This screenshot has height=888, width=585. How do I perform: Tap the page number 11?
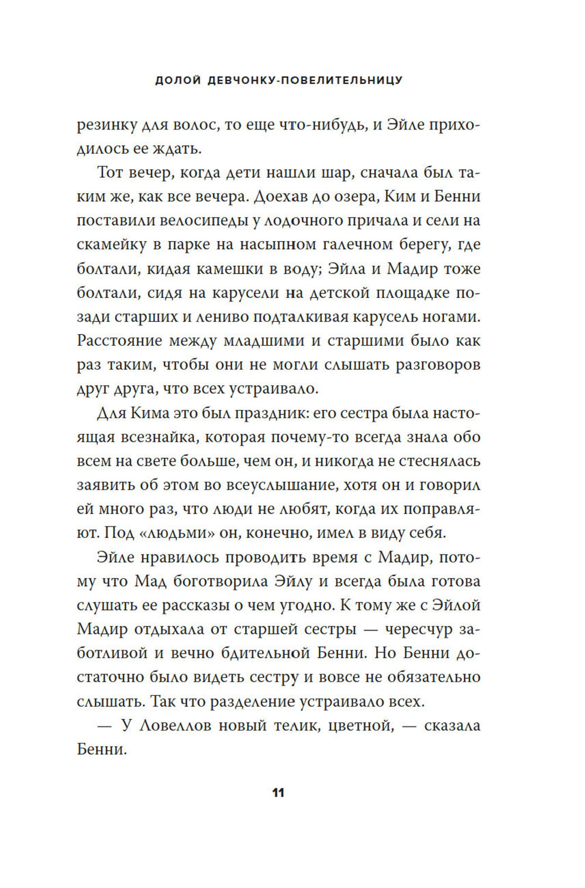coord(278,793)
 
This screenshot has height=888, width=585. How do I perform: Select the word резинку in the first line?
coord(106,125)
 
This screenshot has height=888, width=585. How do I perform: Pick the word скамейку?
coord(111,245)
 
